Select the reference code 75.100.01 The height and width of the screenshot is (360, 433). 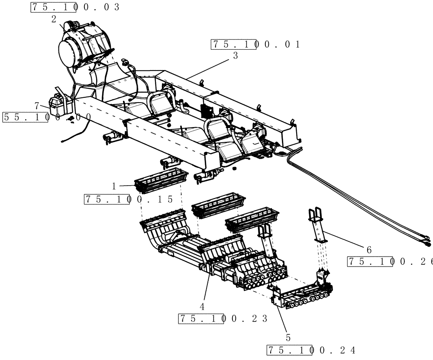(255, 45)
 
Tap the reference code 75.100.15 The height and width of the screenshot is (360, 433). (129, 199)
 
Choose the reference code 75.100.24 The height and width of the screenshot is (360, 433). (311, 350)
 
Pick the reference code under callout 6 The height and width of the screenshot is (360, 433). (390, 262)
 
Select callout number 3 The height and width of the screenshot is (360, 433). (235, 55)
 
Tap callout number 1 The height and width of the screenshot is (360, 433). (114, 186)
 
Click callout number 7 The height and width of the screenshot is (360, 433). (38, 105)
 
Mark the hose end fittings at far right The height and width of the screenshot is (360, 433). (426, 241)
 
